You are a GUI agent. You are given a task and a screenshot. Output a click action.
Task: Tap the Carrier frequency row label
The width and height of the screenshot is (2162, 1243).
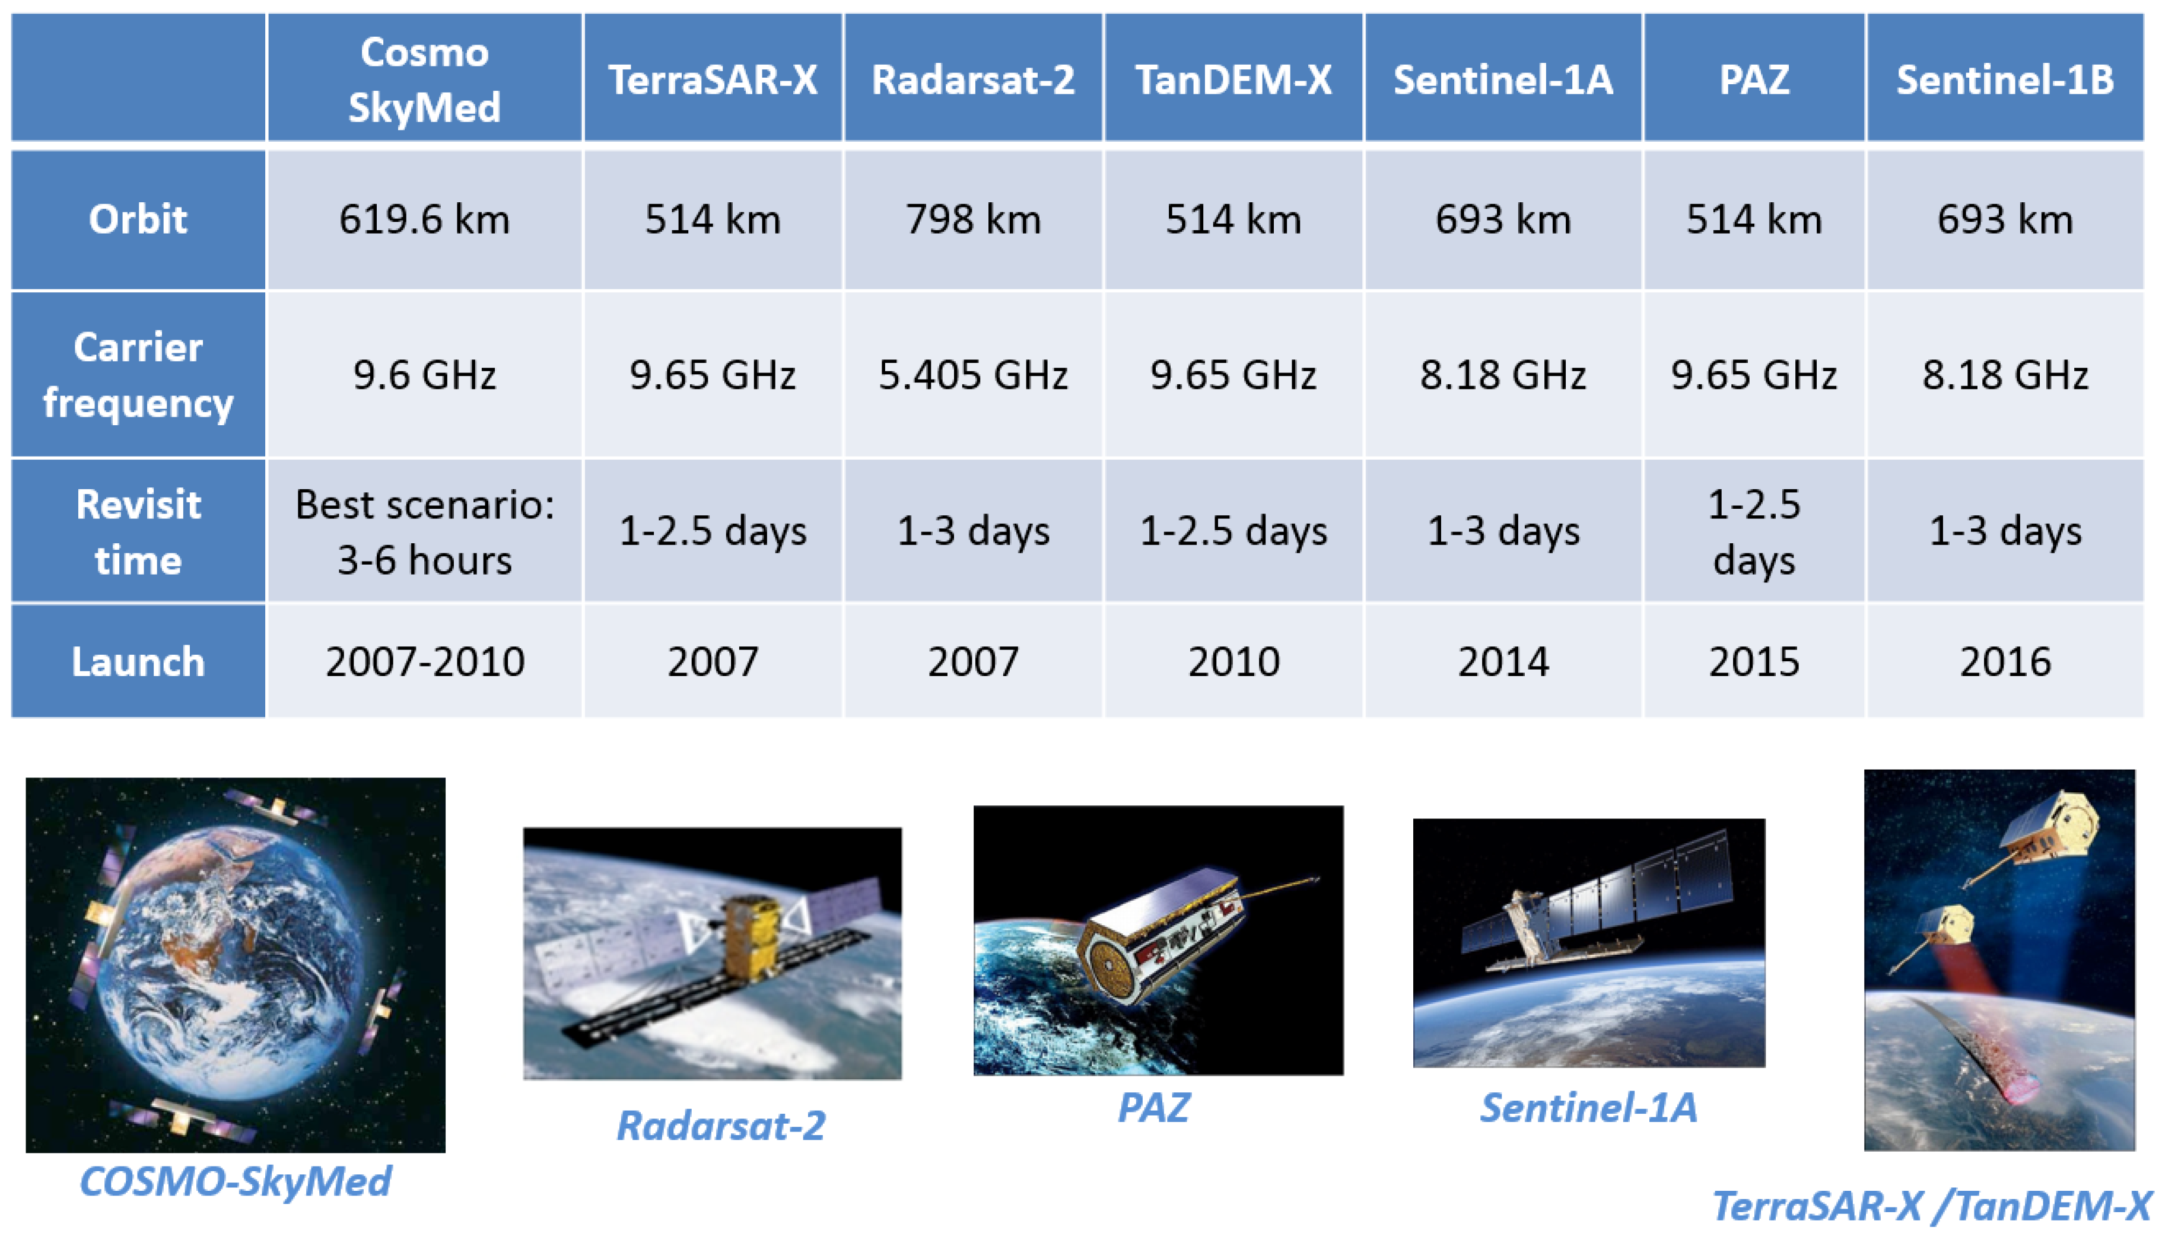(x=138, y=375)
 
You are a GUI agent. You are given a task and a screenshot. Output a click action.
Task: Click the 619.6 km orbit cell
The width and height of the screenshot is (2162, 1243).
(x=424, y=219)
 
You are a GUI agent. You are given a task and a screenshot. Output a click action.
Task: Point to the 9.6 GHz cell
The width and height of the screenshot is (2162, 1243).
(x=424, y=375)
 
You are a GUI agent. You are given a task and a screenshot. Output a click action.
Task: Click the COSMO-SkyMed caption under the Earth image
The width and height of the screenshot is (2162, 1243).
(x=235, y=1181)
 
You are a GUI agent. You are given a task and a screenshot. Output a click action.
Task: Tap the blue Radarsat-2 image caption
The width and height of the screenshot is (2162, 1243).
(x=721, y=1125)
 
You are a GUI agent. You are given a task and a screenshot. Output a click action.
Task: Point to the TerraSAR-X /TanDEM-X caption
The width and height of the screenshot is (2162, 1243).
(x=1931, y=1206)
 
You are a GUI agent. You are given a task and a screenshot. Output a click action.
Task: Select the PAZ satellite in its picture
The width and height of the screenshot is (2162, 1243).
(x=1170, y=930)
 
